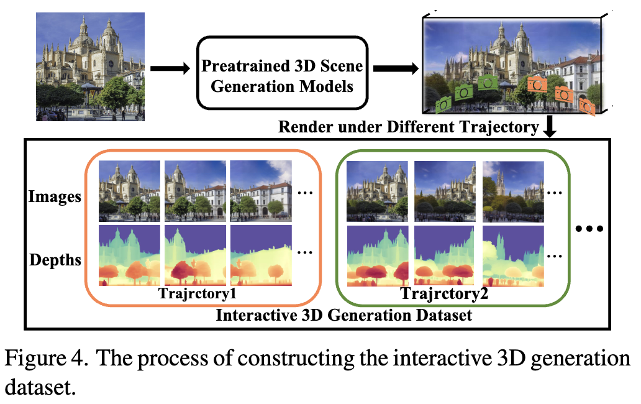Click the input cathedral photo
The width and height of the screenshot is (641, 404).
pos(90,67)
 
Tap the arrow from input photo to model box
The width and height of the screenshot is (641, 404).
pos(169,69)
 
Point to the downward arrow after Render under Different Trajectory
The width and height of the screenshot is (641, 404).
pos(550,128)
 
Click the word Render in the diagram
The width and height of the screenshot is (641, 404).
pos(301,128)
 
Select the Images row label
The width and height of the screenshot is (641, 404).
pos(55,197)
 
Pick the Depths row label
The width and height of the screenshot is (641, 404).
pos(55,259)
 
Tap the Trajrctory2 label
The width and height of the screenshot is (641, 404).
pos(443,293)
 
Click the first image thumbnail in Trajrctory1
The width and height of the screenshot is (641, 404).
pos(129,191)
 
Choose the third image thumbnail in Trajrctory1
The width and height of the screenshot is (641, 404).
pos(261,191)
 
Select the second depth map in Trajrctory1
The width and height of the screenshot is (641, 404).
pos(195,255)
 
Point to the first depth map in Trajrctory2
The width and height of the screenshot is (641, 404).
pos(377,255)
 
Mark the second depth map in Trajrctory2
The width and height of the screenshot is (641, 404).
pos(445,255)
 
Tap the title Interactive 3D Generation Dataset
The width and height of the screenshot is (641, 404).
pos(343,314)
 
